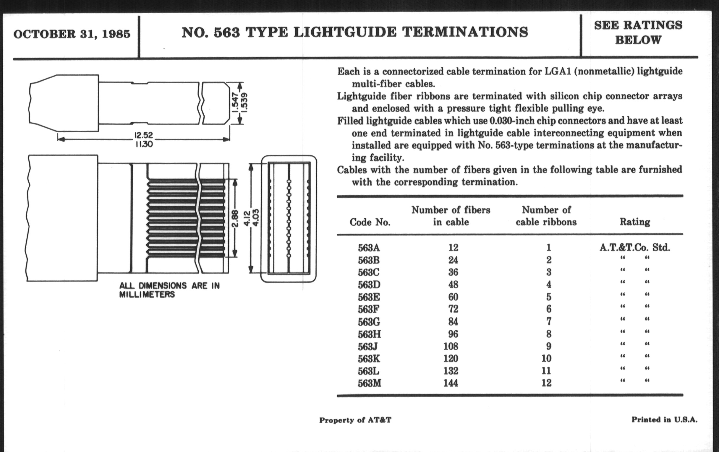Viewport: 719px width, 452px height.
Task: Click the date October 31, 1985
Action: point(72,34)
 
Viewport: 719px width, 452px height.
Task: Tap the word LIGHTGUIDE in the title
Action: point(345,32)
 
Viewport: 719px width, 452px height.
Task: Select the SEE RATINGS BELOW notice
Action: point(638,32)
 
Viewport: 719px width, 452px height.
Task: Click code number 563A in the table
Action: point(369,248)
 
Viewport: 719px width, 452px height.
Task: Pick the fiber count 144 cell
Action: point(450,383)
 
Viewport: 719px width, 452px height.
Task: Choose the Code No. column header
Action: point(370,222)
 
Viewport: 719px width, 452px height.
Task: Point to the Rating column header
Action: point(634,222)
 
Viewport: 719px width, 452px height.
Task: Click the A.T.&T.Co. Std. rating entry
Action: point(634,247)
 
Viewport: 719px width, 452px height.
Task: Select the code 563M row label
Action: point(369,383)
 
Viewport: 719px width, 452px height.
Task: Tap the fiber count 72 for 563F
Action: point(453,309)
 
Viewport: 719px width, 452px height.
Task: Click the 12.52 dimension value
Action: point(144,135)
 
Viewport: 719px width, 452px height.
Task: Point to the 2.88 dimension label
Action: point(235,218)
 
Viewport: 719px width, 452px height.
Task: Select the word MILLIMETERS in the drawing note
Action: point(147,295)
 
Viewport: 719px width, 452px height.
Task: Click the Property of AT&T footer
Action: point(355,420)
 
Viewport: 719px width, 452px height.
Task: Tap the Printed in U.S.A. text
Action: point(664,420)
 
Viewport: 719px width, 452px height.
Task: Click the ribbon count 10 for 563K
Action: point(546,358)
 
